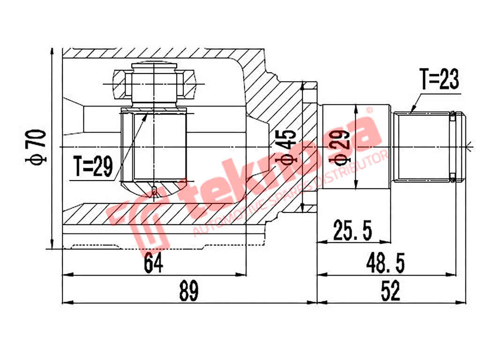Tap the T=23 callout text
coord(439,80)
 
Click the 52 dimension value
coord(390,292)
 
